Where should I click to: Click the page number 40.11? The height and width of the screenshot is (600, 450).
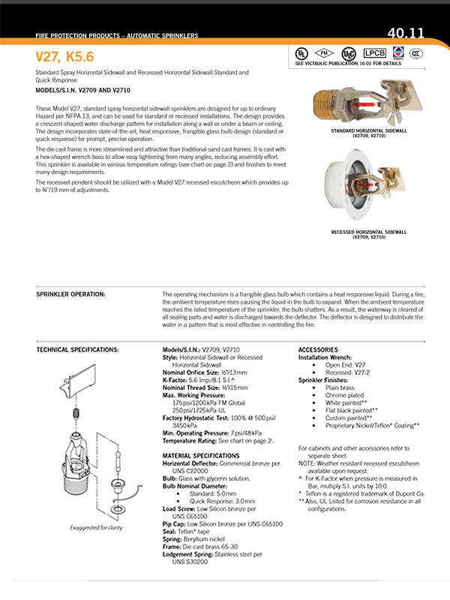point(406,33)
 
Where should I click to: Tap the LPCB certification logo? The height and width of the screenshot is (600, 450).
point(373,53)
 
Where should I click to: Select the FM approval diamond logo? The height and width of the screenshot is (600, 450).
point(324,53)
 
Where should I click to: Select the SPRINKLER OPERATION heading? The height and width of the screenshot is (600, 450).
point(70,294)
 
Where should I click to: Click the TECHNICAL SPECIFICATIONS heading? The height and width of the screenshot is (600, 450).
point(78,350)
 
